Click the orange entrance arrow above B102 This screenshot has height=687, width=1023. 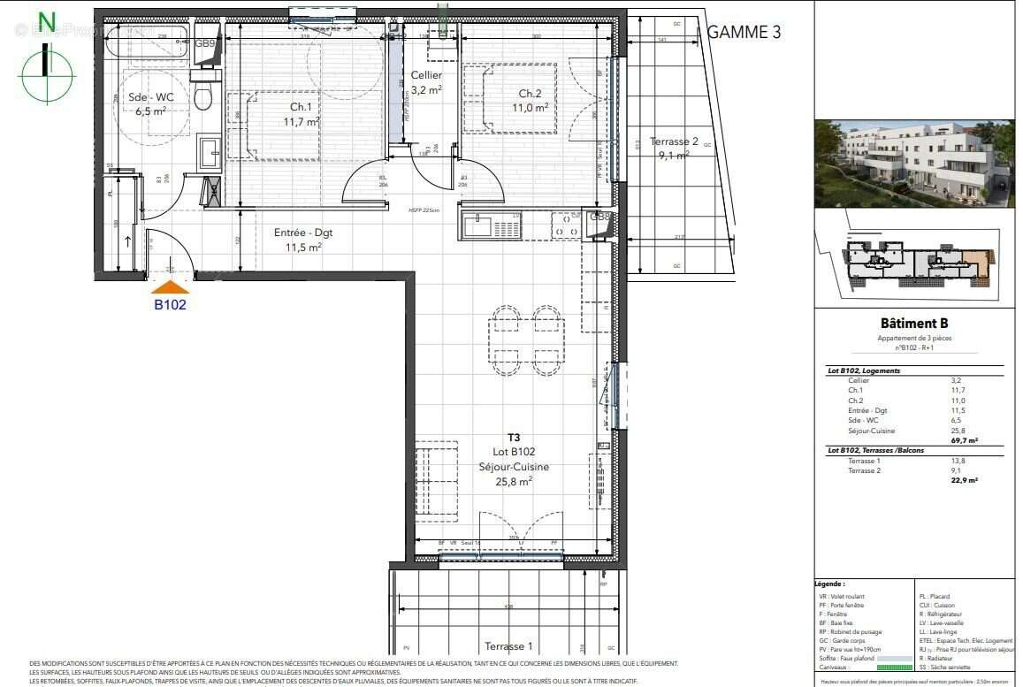(171, 286)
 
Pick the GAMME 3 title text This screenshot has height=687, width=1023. (744, 33)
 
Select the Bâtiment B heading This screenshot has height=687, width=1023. (914, 324)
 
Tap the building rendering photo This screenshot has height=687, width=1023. (914, 164)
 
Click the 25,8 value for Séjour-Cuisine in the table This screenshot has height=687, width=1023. (958, 430)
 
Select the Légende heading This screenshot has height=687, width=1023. (831, 584)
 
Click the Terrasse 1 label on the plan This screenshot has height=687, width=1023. (508, 646)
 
